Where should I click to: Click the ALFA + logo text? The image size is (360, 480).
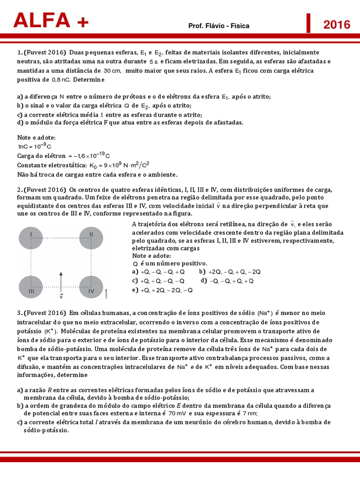[51, 20]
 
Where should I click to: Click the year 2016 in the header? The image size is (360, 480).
[337, 24]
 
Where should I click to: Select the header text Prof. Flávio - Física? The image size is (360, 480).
[218, 26]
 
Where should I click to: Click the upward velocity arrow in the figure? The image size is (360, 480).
[61, 281]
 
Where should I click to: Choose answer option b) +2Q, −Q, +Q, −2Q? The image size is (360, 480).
[230, 272]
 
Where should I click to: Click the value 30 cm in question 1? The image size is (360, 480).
[112, 71]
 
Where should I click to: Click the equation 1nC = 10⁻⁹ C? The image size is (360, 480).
[34, 146]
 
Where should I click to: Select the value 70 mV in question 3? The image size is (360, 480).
[178, 414]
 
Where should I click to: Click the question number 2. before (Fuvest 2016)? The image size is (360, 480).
[20, 190]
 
